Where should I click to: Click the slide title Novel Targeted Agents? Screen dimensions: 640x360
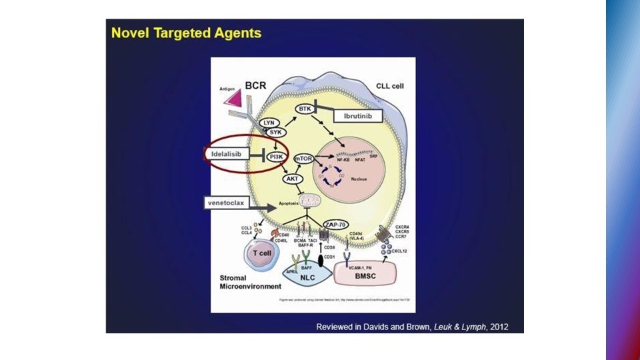[x=186, y=33]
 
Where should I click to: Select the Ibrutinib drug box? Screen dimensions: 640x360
[x=361, y=116]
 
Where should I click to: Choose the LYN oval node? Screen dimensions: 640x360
[x=269, y=123]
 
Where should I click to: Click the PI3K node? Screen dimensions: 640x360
[x=276, y=157]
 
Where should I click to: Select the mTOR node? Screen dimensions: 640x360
[x=303, y=159]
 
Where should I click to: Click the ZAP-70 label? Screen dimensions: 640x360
[x=335, y=224]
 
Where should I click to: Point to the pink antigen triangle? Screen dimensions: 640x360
[x=233, y=98]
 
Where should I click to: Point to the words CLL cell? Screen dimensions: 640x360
[x=391, y=85]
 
